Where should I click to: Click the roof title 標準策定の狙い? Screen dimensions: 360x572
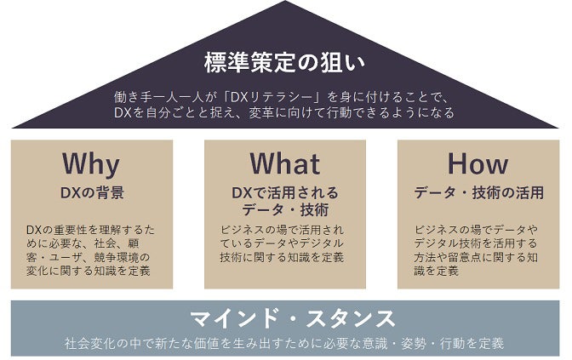tap(285, 62)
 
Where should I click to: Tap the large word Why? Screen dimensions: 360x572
tap(91, 163)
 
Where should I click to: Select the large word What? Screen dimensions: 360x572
tap(285, 163)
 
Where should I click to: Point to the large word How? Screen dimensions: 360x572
tap(478, 163)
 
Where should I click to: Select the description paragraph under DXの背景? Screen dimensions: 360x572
tap(91, 249)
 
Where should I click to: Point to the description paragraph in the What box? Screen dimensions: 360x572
tap(285, 243)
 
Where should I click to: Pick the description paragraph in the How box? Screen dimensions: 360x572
tap(478, 249)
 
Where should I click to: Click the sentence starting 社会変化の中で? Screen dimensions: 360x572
tap(285, 344)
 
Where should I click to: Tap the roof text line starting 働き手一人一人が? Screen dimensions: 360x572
tap(285, 95)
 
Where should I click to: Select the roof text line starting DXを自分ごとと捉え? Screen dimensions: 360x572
tap(285, 111)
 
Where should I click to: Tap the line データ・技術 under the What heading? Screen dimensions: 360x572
tap(285, 209)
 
